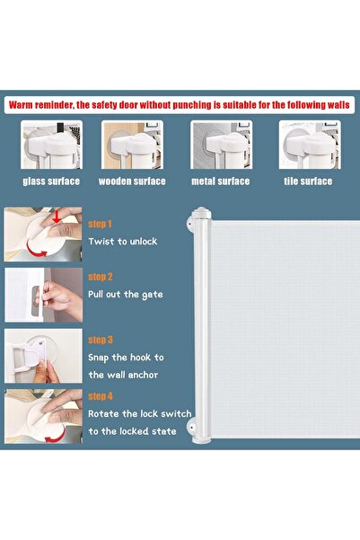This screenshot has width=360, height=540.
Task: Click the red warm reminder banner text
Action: coord(180,104)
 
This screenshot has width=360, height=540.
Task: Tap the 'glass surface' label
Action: coord(51,181)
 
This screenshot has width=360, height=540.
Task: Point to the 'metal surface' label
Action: coord(221,181)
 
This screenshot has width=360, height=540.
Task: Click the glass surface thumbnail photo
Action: coord(50,146)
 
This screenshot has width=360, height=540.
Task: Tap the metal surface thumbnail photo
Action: coord(221,146)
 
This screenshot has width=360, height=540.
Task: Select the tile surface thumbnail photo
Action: coord(308,146)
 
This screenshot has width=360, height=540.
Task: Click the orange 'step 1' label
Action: coord(101,225)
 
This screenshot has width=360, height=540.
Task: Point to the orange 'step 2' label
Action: coord(101,278)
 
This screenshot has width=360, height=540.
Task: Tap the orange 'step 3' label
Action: coord(101,341)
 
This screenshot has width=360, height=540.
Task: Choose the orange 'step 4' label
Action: coord(101,395)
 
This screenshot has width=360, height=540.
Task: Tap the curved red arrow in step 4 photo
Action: coord(57,435)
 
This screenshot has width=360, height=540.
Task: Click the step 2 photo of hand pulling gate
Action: coord(43,294)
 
